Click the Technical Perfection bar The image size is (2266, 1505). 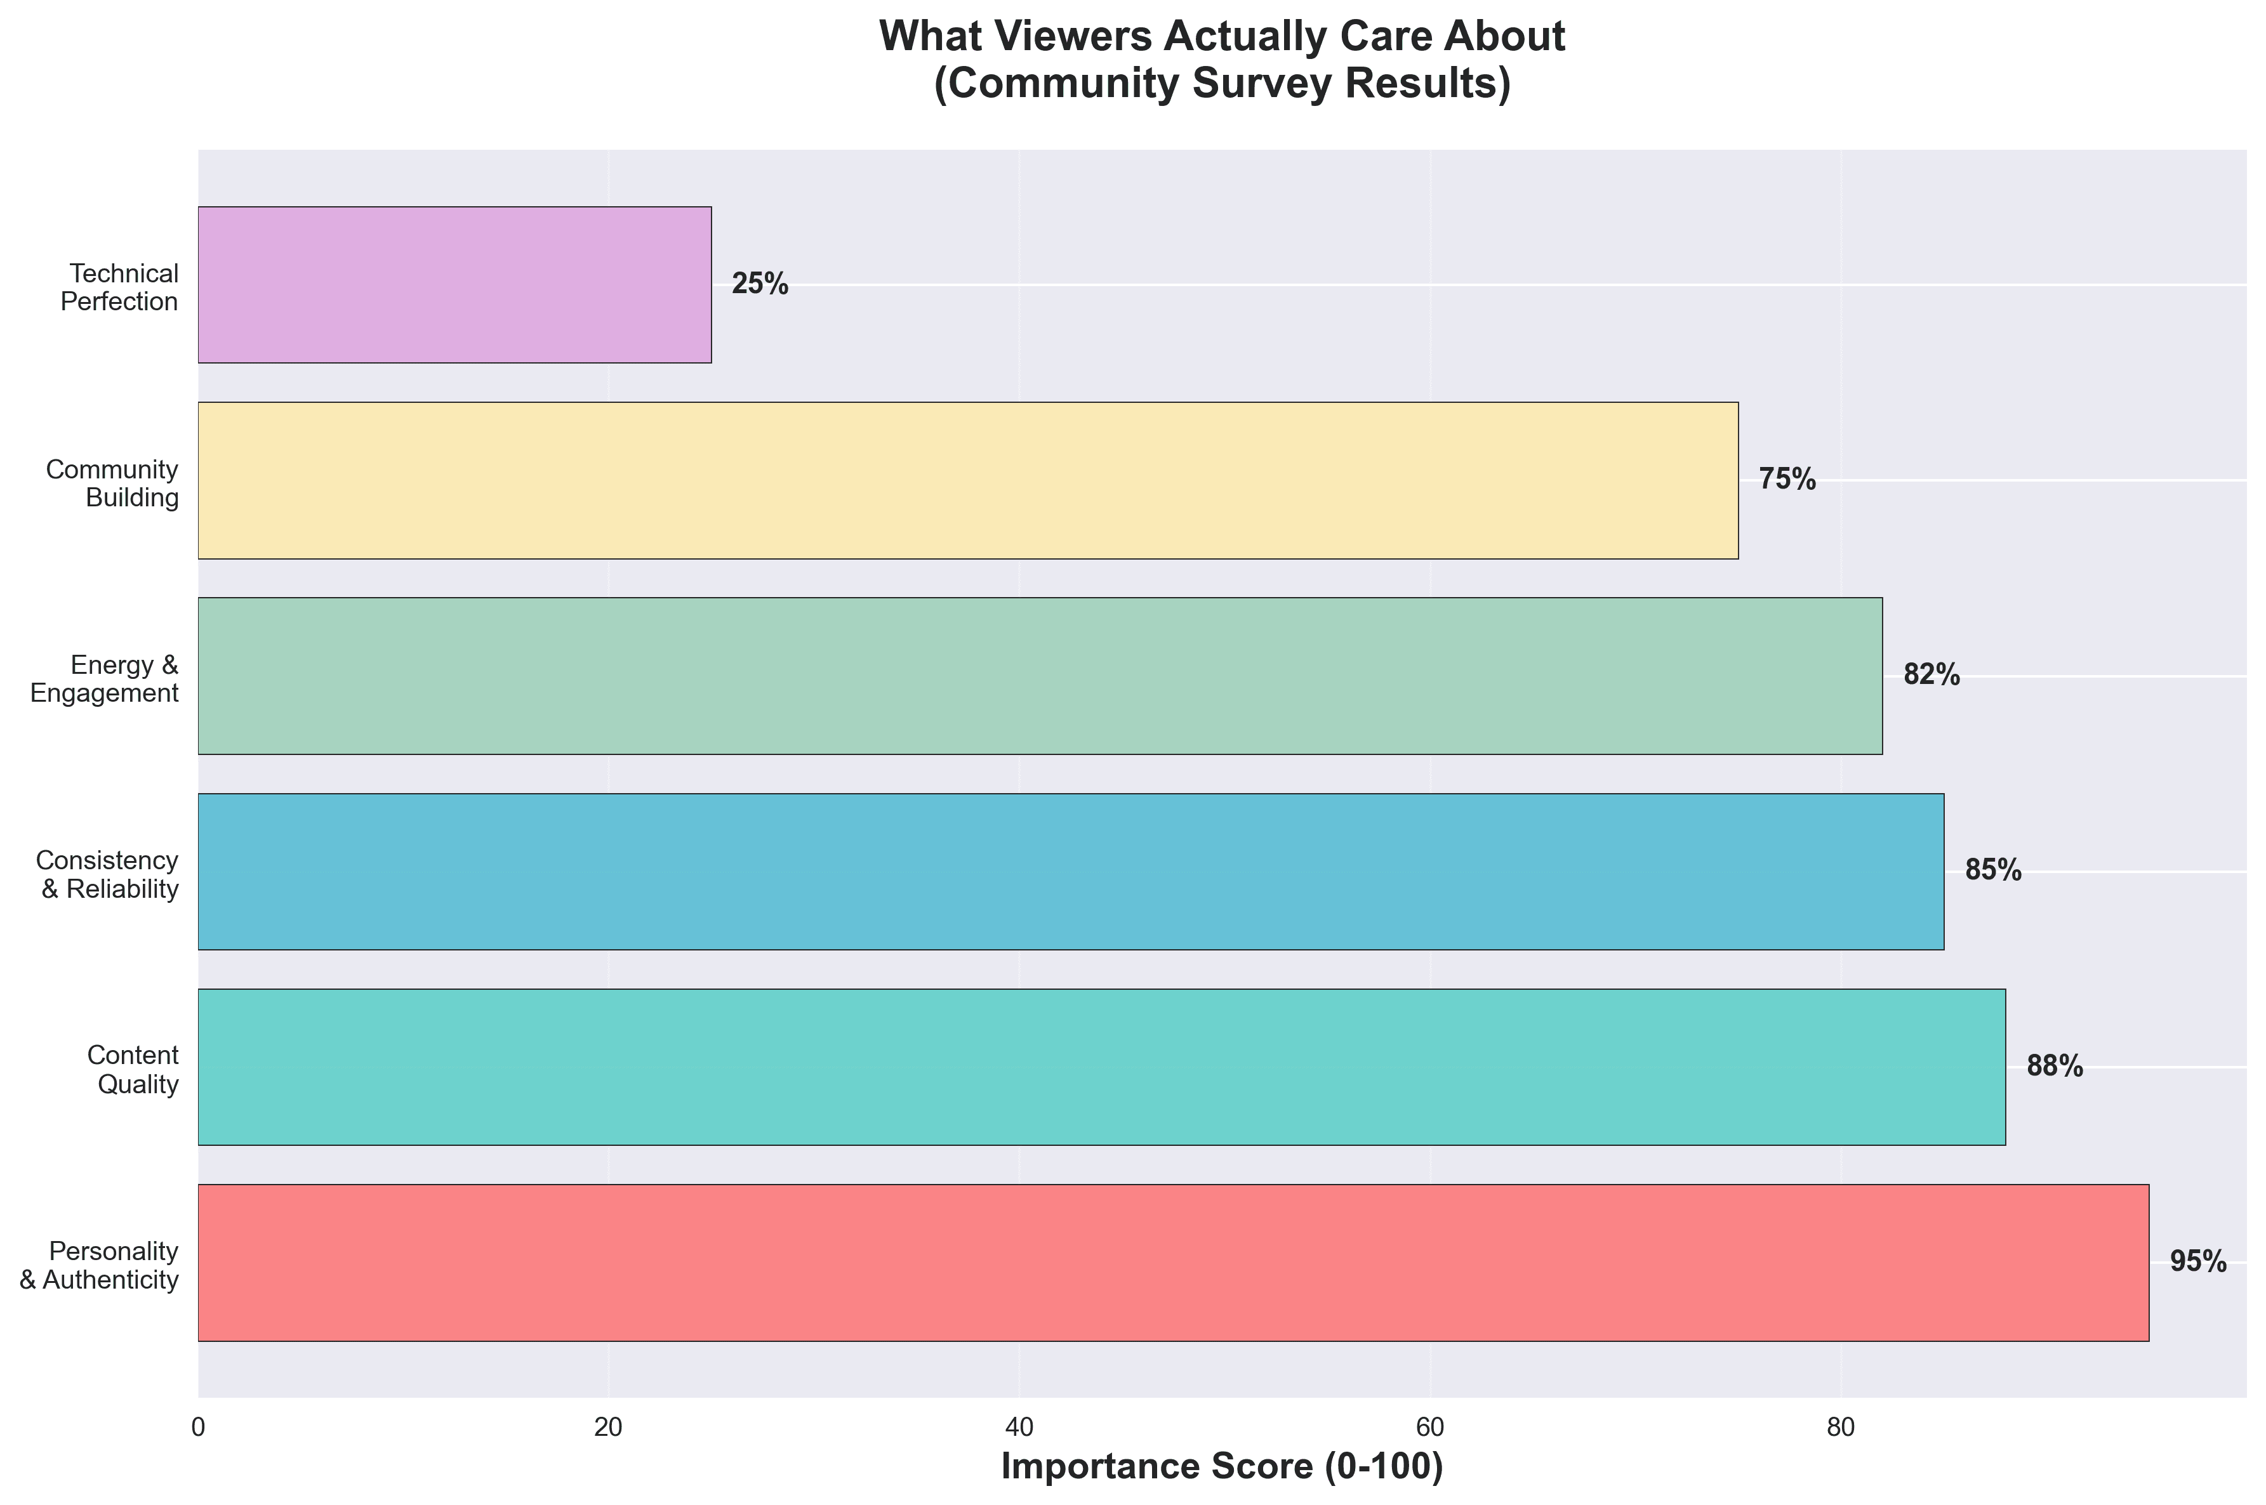[454, 284]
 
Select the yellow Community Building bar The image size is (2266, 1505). [968, 480]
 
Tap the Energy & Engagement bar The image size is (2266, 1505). [1040, 676]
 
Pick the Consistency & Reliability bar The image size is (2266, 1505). [1071, 872]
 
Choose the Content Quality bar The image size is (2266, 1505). [1101, 1067]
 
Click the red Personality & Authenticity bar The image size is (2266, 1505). [1174, 1262]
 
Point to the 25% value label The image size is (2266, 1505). [760, 284]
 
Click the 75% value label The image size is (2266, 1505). [1787, 480]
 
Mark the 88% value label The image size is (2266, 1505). [2054, 1067]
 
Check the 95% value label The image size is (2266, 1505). [2198, 1262]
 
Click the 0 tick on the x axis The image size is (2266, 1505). [199, 1427]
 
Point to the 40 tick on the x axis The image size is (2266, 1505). [1019, 1427]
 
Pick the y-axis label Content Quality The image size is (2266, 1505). [133, 1069]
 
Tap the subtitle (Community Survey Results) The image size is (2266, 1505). [1221, 84]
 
